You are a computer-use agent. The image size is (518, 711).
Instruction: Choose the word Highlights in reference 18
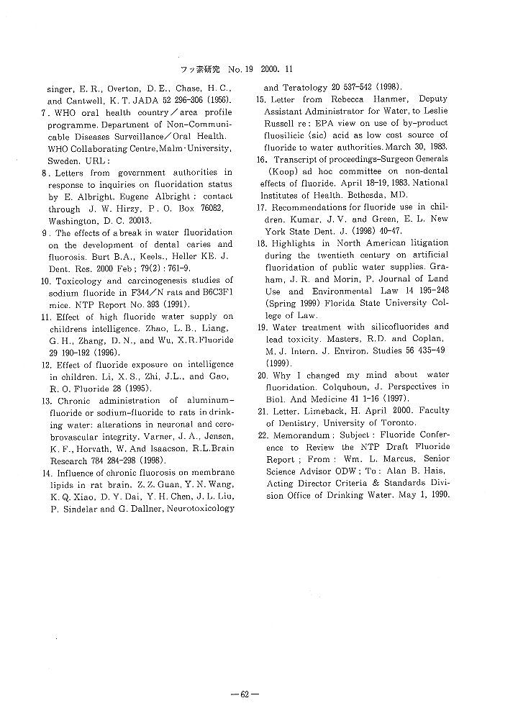pyautogui.click(x=295, y=243)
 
